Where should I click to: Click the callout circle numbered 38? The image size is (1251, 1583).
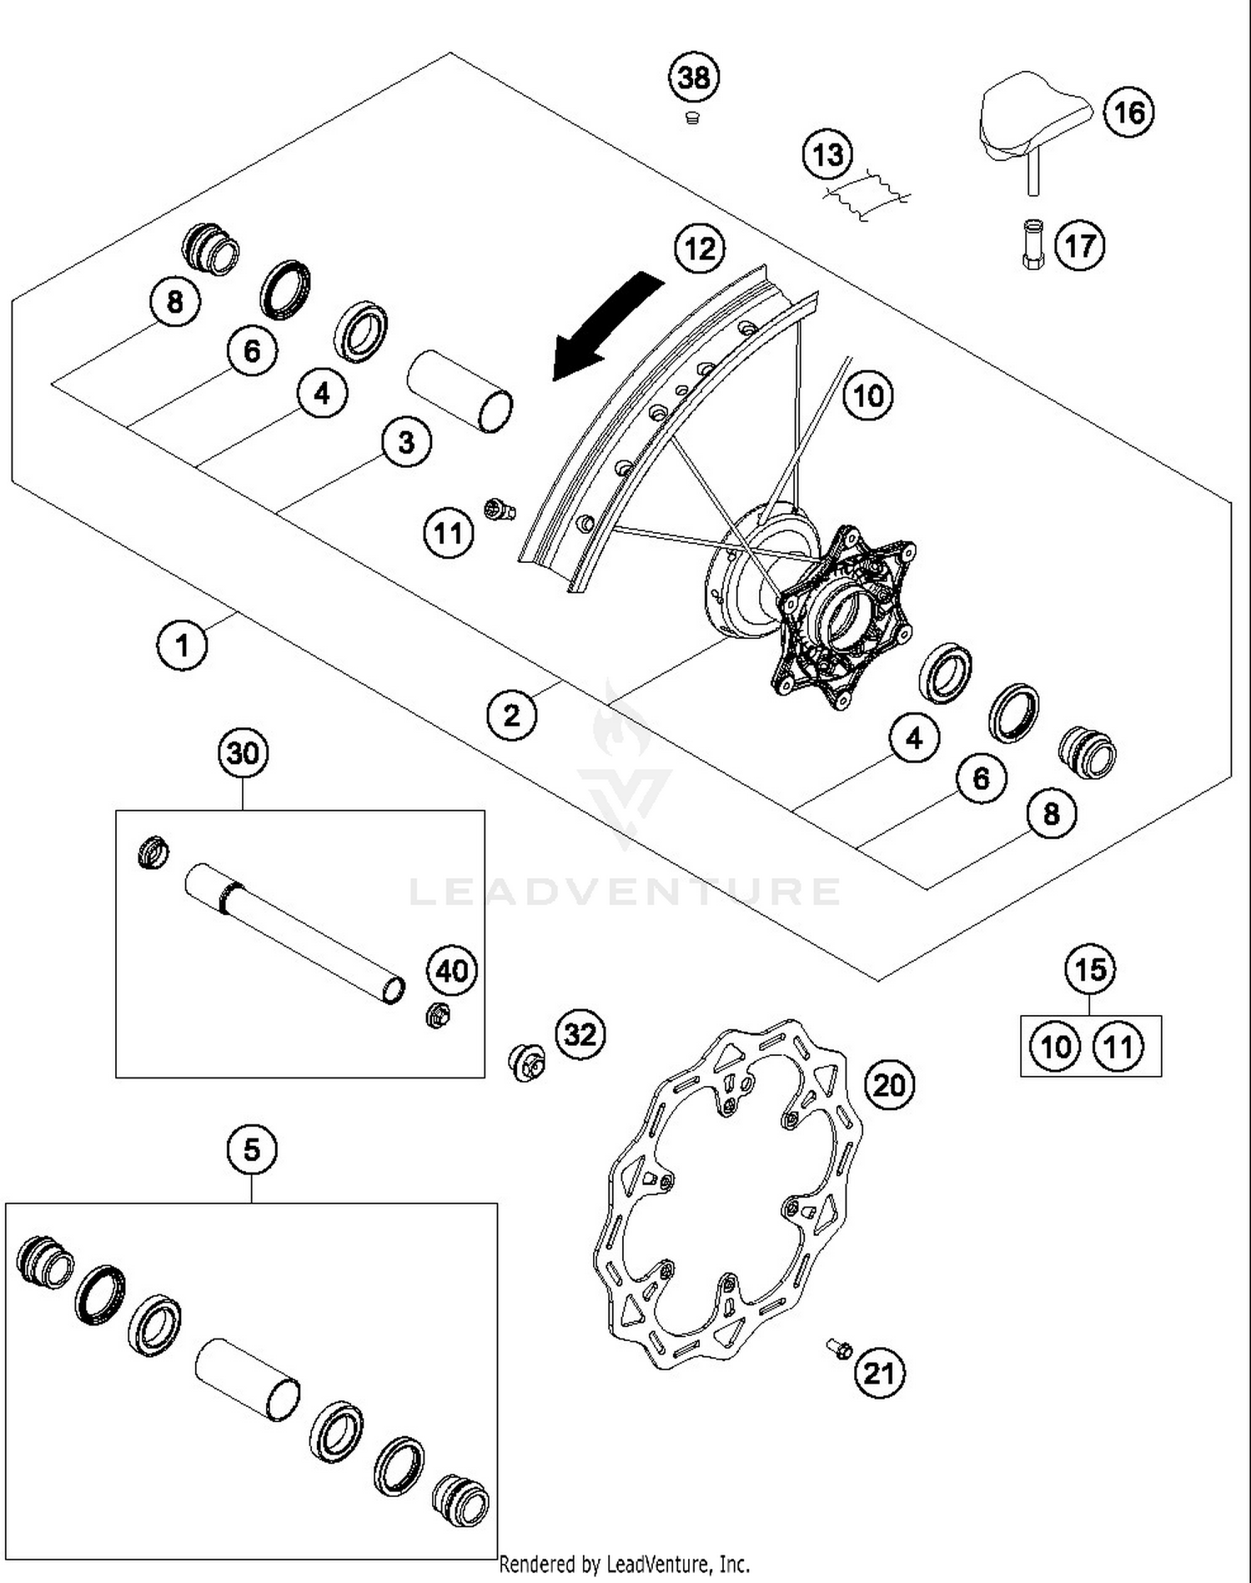click(694, 78)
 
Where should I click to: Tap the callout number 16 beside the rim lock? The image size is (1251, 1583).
click(1129, 112)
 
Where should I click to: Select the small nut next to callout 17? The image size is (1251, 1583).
click(1032, 244)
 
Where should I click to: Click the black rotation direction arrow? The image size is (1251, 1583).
click(608, 324)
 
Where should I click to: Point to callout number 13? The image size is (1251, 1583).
click(827, 154)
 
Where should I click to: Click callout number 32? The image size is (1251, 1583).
click(580, 1034)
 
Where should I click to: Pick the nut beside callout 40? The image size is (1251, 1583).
click(438, 1015)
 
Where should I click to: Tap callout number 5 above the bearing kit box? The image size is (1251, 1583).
click(251, 1150)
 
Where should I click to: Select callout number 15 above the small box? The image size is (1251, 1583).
click(1090, 970)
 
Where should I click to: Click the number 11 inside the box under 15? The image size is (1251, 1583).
click(1118, 1046)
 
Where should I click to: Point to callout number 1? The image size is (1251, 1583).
click(182, 644)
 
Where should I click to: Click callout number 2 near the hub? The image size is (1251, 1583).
click(511, 715)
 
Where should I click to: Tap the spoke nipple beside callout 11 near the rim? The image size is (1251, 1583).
click(499, 509)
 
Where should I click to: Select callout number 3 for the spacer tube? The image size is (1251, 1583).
click(406, 442)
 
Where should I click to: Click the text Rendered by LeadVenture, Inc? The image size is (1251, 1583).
click(624, 1564)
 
